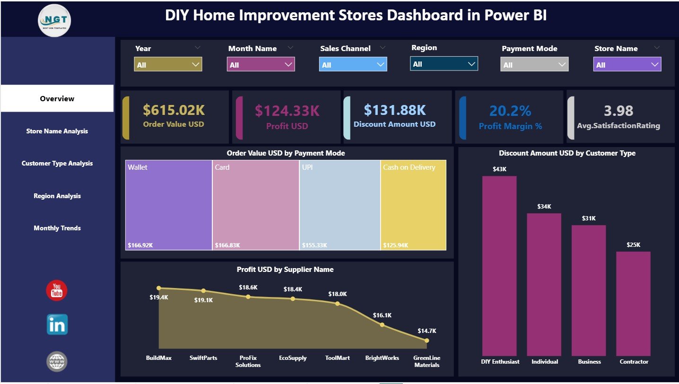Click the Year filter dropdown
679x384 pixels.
pos(168,65)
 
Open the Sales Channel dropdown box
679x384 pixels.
pos(353,65)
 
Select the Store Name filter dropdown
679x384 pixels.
pos(627,65)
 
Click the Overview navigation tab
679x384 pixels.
pos(57,98)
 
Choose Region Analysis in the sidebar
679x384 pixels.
pos(57,196)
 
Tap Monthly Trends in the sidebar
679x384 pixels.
pos(57,228)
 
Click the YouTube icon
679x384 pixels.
pos(57,290)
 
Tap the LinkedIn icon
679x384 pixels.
pos(57,325)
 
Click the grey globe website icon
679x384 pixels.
pos(57,362)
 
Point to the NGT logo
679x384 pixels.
pos(55,20)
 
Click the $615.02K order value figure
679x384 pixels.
pos(174,110)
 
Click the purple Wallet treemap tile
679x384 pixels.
pos(168,205)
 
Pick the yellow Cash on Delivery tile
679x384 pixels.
pos(413,205)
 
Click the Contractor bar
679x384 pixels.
pos(633,303)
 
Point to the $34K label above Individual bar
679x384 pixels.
pos(544,207)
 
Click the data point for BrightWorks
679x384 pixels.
pos(382,325)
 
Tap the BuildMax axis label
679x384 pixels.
pos(159,358)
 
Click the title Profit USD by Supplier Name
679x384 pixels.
pos(285,270)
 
